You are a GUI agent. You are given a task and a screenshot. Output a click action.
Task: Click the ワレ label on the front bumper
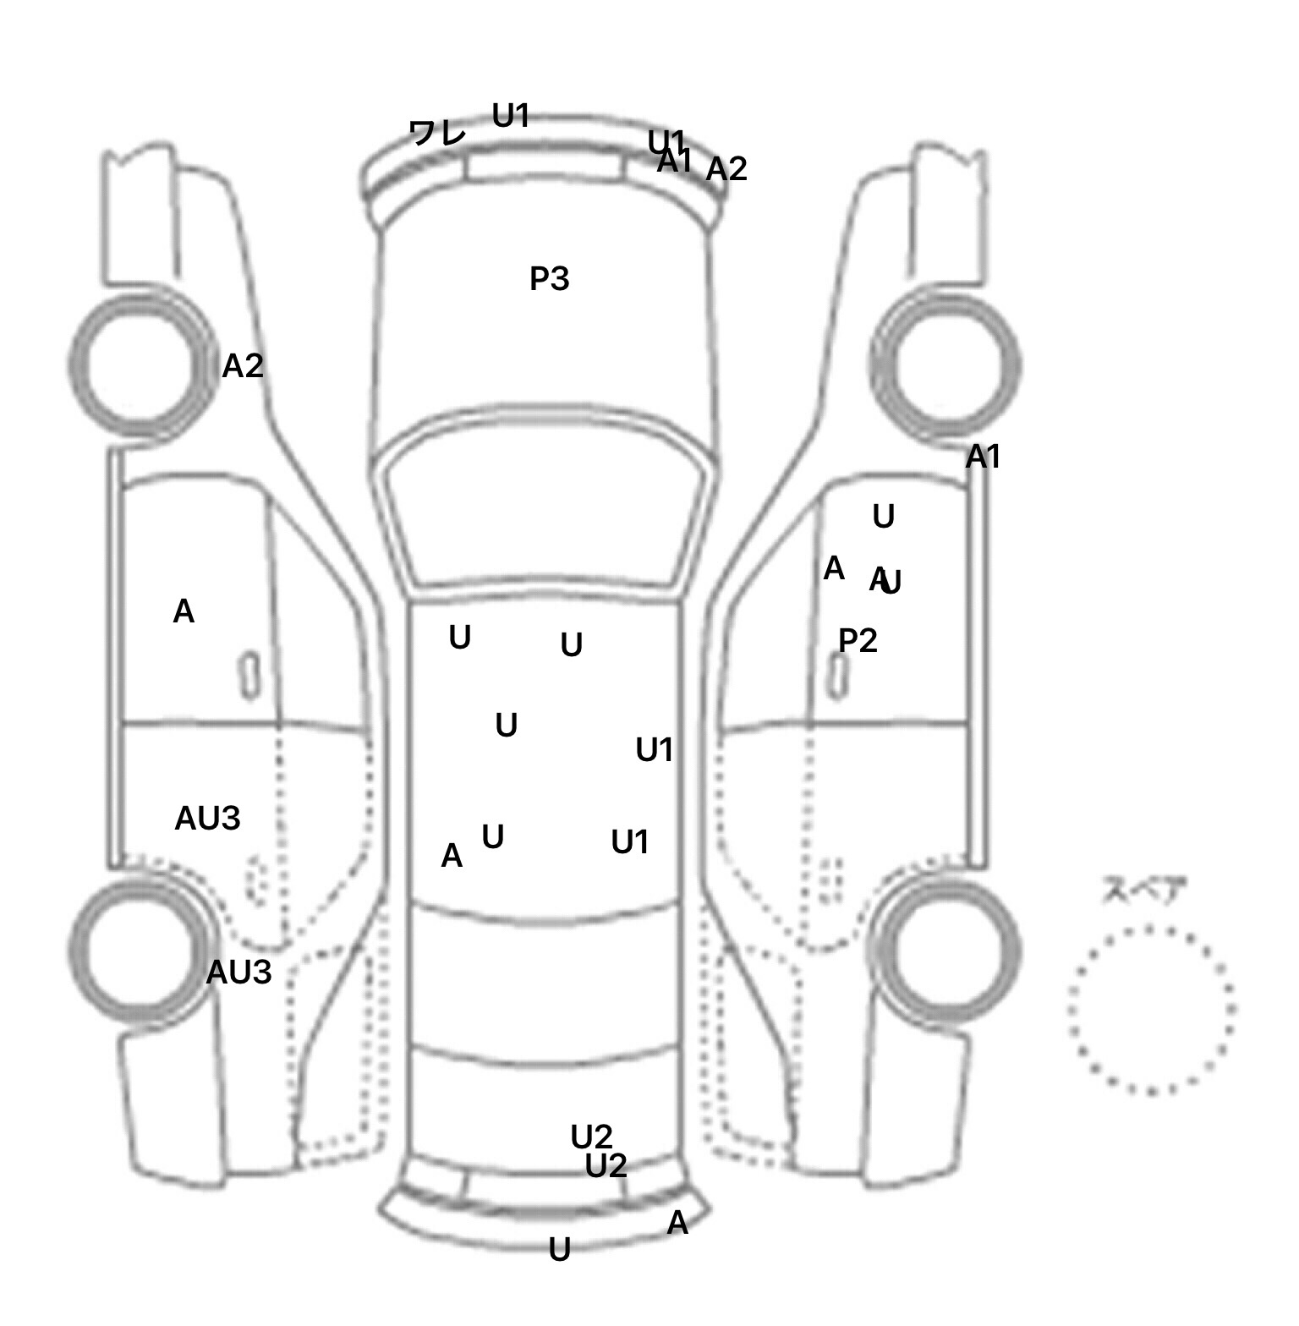pyautogui.click(x=437, y=133)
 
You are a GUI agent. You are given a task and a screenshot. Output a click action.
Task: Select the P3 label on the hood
pyautogui.click(x=549, y=278)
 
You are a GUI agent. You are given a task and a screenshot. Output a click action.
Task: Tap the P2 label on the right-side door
pyautogui.click(x=858, y=641)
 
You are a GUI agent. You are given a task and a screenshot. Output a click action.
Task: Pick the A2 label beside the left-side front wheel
pyautogui.click(x=243, y=366)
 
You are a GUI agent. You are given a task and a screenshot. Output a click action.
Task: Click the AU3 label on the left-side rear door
pyautogui.click(x=207, y=819)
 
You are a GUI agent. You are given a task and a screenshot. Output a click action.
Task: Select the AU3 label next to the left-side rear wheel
pyautogui.click(x=238, y=973)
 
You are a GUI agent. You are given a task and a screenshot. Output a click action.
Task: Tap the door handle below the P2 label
pyautogui.click(x=838, y=677)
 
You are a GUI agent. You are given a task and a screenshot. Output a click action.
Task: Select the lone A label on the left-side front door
pyautogui.click(x=184, y=611)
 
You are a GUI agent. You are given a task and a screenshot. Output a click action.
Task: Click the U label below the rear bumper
pyautogui.click(x=559, y=1250)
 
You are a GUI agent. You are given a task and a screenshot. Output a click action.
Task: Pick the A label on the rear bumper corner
pyautogui.click(x=677, y=1223)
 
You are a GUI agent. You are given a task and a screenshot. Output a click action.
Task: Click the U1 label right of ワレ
pyautogui.click(x=511, y=116)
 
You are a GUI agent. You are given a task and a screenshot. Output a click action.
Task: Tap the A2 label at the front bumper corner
pyautogui.click(x=726, y=169)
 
